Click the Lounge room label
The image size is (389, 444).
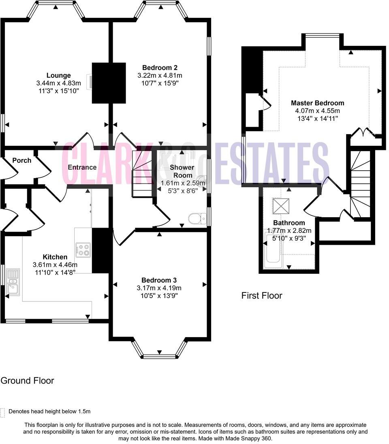(x=58, y=75)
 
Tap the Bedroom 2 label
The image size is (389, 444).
(x=160, y=68)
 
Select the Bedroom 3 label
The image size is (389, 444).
(x=159, y=280)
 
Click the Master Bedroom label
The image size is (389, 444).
(x=317, y=103)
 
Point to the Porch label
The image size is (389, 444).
(x=21, y=160)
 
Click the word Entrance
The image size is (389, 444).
(x=82, y=167)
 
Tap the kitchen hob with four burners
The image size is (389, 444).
(x=83, y=249)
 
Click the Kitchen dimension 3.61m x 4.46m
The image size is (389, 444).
(x=55, y=265)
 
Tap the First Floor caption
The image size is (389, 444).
(x=261, y=295)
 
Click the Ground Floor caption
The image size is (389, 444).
(x=27, y=380)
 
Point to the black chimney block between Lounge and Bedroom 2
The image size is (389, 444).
(x=109, y=83)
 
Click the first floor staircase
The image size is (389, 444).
(x=361, y=184)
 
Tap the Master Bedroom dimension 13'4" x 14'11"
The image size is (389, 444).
(x=317, y=118)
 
